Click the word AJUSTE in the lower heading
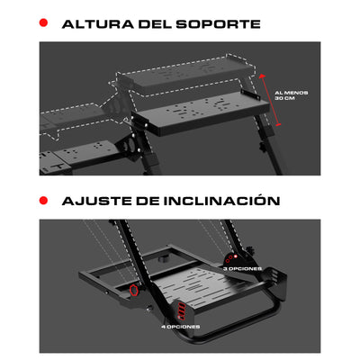(x=95, y=200)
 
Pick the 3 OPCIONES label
(x=244, y=267)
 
